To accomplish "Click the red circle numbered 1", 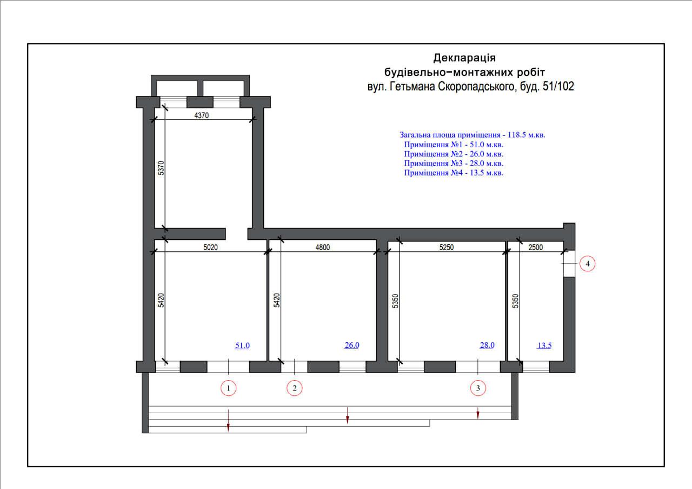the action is click(x=228, y=388).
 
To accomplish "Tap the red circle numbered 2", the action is click(x=295, y=388).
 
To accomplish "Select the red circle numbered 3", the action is click(x=478, y=388).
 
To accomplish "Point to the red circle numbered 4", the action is click(x=587, y=264).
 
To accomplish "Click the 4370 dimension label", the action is click(x=202, y=115).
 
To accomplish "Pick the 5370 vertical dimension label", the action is click(x=161, y=168).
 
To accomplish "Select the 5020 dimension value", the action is click(x=210, y=247).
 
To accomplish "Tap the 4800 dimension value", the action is click(x=323, y=247).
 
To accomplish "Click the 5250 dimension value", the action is click(x=447, y=247).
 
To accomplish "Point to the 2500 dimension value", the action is click(x=535, y=247).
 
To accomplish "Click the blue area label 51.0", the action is click(x=242, y=345).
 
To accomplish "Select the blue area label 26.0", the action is click(x=352, y=345).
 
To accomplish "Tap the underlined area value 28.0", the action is click(x=487, y=345).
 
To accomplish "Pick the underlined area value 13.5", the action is click(x=544, y=345).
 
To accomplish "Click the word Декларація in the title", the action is click(x=464, y=58).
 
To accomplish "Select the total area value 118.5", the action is click(x=516, y=135).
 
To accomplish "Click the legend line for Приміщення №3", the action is click(x=454, y=163).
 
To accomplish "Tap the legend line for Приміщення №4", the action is click(x=454, y=173).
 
